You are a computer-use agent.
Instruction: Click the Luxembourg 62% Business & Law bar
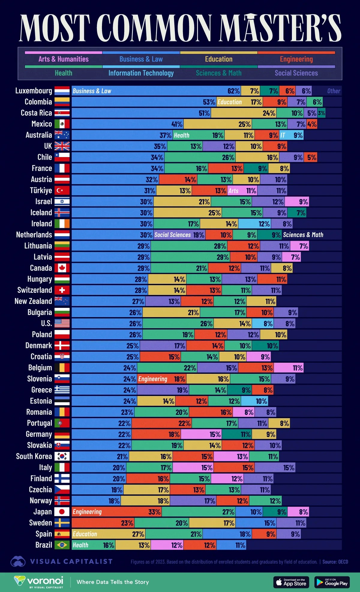156,91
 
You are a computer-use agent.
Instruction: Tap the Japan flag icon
62,512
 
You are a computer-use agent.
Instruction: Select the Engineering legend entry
296,59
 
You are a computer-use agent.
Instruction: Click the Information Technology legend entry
141,73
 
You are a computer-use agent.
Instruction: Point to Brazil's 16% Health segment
93,545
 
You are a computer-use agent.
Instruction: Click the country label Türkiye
41,190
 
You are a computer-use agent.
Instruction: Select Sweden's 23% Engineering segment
103,523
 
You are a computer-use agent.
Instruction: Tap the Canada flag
62,268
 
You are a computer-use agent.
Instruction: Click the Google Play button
332,582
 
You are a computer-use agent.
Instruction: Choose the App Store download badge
291,582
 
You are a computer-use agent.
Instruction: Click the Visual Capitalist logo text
71,561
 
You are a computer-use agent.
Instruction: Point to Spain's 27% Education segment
108,534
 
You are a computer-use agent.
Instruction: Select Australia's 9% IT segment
291,135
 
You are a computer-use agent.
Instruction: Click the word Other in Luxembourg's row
334,91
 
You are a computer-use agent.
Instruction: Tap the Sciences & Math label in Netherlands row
303,235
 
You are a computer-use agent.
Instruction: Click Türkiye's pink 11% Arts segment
242,191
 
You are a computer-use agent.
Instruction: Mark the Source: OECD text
335,562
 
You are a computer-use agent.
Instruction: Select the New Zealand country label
33,301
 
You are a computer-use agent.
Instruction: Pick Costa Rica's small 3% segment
321,113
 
